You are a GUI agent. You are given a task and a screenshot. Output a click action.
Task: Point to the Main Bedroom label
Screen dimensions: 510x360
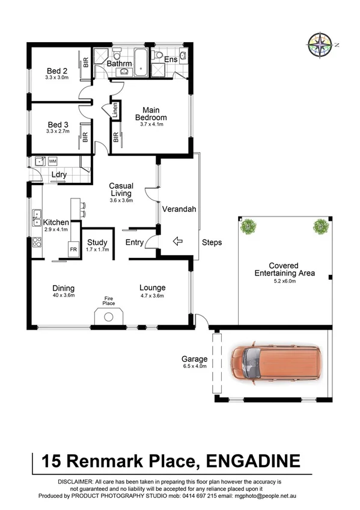click(151, 114)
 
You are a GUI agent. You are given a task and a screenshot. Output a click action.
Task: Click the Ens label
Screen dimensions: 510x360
click(171, 59)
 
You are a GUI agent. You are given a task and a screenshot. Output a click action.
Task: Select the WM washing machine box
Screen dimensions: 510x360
click(52, 161)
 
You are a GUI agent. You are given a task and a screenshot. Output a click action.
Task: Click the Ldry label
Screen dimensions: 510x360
click(58, 175)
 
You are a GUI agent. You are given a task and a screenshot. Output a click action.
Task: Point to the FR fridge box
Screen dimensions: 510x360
click(73, 249)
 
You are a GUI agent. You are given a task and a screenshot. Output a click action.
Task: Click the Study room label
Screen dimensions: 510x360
click(97, 243)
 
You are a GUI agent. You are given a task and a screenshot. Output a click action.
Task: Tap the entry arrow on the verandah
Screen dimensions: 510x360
click(177, 242)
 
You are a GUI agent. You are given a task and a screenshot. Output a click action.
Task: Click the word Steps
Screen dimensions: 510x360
click(212, 243)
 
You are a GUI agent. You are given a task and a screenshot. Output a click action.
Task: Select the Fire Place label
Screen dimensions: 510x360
click(108, 300)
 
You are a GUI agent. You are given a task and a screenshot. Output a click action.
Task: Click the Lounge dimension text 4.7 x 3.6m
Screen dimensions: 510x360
click(152, 295)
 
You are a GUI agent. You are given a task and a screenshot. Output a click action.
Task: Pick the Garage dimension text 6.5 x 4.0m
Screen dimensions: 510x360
click(195, 366)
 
